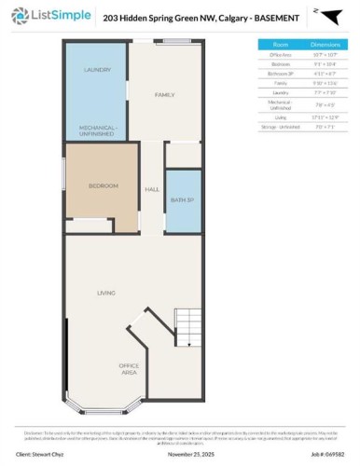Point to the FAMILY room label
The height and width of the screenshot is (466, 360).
165,95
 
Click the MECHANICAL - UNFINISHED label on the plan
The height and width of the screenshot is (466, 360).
97,129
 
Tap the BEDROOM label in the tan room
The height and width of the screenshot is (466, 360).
103,186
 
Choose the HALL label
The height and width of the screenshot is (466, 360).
152,189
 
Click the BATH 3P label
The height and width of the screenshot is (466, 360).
183,199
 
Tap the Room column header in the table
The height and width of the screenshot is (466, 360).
281,44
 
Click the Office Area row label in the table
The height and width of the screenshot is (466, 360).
281,54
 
